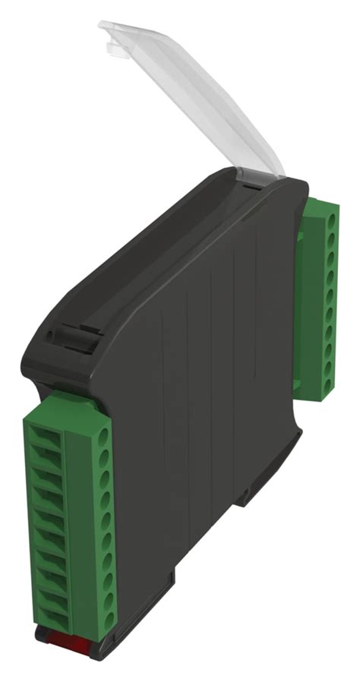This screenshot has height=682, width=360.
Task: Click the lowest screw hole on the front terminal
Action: point(108,620)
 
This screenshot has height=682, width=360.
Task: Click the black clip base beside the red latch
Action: point(106,646)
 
